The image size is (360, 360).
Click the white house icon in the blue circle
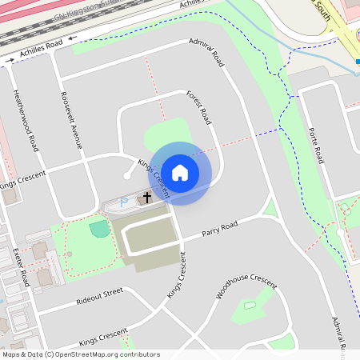tap(180, 173)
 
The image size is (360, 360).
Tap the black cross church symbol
tap(147, 196)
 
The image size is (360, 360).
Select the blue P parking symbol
tap(122, 203)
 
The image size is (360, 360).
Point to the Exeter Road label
tap(22, 268)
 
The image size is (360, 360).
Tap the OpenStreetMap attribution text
tap(81, 354)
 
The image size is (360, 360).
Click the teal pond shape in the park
tap(98, 230)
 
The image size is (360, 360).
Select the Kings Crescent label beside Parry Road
tap(176, 276)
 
